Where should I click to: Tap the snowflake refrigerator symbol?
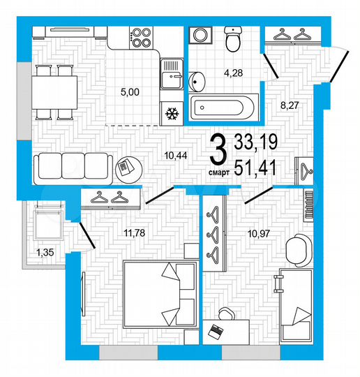pos(170,112)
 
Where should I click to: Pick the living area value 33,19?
pos(256,142)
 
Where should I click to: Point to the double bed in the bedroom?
pos(160,292)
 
